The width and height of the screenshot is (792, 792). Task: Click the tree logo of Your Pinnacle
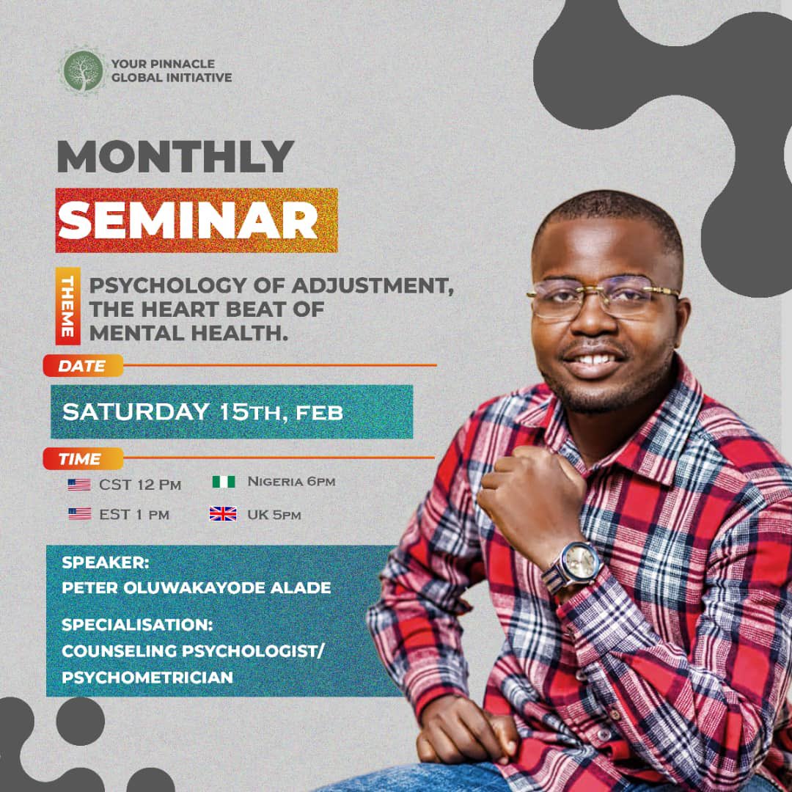tap(83, 70)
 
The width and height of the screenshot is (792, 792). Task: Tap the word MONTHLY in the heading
tap(175, 158)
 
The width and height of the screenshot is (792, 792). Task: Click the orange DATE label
tap(83, 365)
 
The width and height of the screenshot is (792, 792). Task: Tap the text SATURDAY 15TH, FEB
tap(202, 411)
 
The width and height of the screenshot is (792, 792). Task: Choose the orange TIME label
tap(81, 459)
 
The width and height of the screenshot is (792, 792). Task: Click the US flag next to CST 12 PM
tap(79, 485)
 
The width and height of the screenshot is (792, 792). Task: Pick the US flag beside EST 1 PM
tap(79, 514)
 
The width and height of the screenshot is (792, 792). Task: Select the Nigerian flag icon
tap(223, 483)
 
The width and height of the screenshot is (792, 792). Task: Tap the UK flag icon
tap(223, 514)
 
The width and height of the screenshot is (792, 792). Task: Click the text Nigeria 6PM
tap(291, 482)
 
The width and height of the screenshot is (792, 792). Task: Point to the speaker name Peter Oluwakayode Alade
tap(196, 588)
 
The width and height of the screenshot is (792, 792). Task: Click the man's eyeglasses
tap(603, 296)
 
